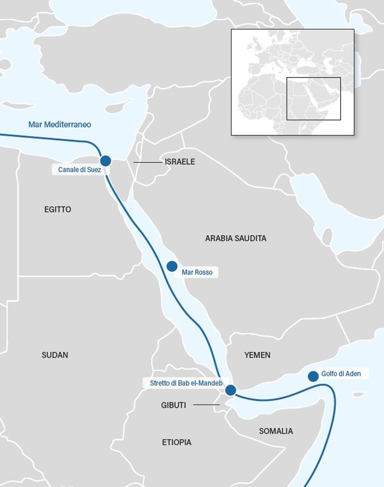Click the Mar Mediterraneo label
(x=60, y=124)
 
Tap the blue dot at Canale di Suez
(x=105, y=161)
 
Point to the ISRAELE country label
(x=179, y=162)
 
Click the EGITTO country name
(x=58, y=209)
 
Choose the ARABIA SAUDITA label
(x=235, y=239)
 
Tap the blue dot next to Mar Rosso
(x=172, y=267)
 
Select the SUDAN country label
(x=55, y=355)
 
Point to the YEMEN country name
(x=257, y=355)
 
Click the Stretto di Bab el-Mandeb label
(x=186, y=383)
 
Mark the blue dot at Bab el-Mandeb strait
(x=230, y=390)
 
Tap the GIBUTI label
(x=173, y=405)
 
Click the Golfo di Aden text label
(x=337, y=374)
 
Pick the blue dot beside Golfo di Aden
(x=313, y=376)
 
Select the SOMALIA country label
(x=276, y=431)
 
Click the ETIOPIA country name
(x=177, y=442)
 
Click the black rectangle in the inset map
(x=314, y=99)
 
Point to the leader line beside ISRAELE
(x=146, y=162)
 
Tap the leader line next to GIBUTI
(x=206, y=405)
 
